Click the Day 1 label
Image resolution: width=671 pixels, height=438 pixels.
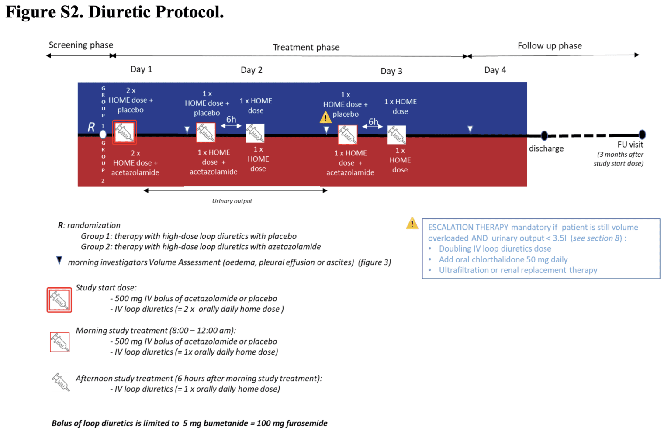(x=141, y=69)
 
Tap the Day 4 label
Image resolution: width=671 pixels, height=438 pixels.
(x=495, y=70)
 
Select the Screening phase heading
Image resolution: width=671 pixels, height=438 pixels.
(x=81, y=45)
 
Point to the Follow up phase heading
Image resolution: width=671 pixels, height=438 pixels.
(x=550, y=46)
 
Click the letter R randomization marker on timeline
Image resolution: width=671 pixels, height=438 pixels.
(x=91, y=127)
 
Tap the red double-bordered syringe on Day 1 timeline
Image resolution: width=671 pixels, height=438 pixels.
(x=125, y=132)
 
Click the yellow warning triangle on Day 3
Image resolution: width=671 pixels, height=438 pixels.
(x=325, y=117)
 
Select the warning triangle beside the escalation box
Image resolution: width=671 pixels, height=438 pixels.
(x=412, y=224)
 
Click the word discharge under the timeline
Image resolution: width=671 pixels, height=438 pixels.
(x=546, y=148)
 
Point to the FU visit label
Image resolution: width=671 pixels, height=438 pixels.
(x=630, y=145)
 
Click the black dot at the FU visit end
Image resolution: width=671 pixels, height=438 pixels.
(x=642, y=135)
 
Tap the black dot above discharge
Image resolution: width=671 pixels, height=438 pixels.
(x=544, y=135)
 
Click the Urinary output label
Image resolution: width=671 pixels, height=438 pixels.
(x=232, y=201)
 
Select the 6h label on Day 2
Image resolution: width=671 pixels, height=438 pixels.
(x=231, y=120)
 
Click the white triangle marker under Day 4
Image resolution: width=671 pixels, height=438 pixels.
(x=470, y=129)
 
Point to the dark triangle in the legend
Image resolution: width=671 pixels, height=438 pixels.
(x=59, y=261)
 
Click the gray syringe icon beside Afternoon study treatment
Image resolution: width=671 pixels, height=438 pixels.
(x=60, y=383)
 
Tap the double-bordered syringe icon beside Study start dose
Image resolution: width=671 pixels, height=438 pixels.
(x=59, y=300)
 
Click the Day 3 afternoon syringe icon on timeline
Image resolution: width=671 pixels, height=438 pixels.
(x=397, y=135)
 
